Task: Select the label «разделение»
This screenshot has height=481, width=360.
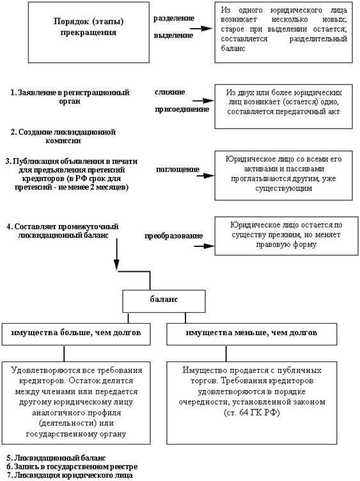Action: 174,19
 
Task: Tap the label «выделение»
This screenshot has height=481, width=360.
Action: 173,35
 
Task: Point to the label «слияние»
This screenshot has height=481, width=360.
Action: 170,92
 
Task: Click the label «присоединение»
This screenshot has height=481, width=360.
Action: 182,109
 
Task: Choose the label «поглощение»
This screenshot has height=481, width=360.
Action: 178,170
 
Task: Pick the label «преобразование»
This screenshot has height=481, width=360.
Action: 174,236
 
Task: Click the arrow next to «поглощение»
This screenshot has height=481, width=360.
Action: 205,176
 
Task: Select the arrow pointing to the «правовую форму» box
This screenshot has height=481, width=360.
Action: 204,246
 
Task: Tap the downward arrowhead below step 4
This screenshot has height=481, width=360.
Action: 116,264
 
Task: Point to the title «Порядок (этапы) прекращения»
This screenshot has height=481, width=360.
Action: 89,27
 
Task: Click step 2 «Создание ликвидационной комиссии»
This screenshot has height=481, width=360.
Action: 63,136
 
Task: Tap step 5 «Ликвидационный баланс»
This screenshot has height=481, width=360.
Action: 56,458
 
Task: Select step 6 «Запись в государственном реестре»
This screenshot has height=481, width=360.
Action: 72,467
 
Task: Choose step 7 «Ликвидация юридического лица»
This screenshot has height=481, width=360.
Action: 70,475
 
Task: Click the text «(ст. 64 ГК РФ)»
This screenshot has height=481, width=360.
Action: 252,413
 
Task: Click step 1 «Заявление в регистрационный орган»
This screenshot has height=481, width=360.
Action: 70,97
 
